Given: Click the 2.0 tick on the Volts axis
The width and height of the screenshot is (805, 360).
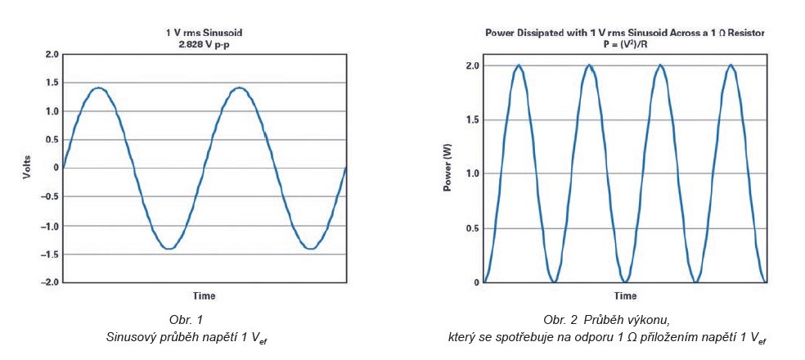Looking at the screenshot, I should pyautogui.click(x=52, y=54).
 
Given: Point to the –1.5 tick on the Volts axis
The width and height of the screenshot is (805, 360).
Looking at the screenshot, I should pyautogui.click(x=50, y=254).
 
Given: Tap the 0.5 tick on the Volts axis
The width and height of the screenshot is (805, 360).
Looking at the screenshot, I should pyautogui.click(x=52, y=140).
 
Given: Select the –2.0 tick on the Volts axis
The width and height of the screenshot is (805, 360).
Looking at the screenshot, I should pyautogui.click(x=50, y=282).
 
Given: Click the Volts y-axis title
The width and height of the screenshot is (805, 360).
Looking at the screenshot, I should pyautogui.click(x=26, y=168).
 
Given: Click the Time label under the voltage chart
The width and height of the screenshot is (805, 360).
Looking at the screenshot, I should pyautogui.click(x=205, y=295).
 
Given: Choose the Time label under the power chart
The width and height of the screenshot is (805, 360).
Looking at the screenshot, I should pyautogui.click(x=624, y=295).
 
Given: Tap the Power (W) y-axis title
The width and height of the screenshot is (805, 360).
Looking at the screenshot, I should pyautogui.click(x=447, y=173).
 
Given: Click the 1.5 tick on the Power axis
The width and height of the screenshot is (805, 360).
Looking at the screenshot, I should pyautogui.click(x=470, y=119).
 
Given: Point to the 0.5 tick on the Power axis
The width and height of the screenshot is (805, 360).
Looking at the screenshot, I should pyautogui.click(x=470, y=228).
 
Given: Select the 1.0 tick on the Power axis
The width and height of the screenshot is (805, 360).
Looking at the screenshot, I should pyautogui.click(x=470, y=173).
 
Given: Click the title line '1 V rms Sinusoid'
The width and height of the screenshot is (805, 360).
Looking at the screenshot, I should pyautogui.click(x=205, y=33).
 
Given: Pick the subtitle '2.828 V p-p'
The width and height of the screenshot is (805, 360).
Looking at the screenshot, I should pyautogui.click(x=205, y=43).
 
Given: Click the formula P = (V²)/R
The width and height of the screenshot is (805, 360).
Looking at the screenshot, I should pyautogui.click(x=624, y=44).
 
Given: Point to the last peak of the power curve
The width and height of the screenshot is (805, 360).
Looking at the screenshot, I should pyautogui.click(x=730, y=65).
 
